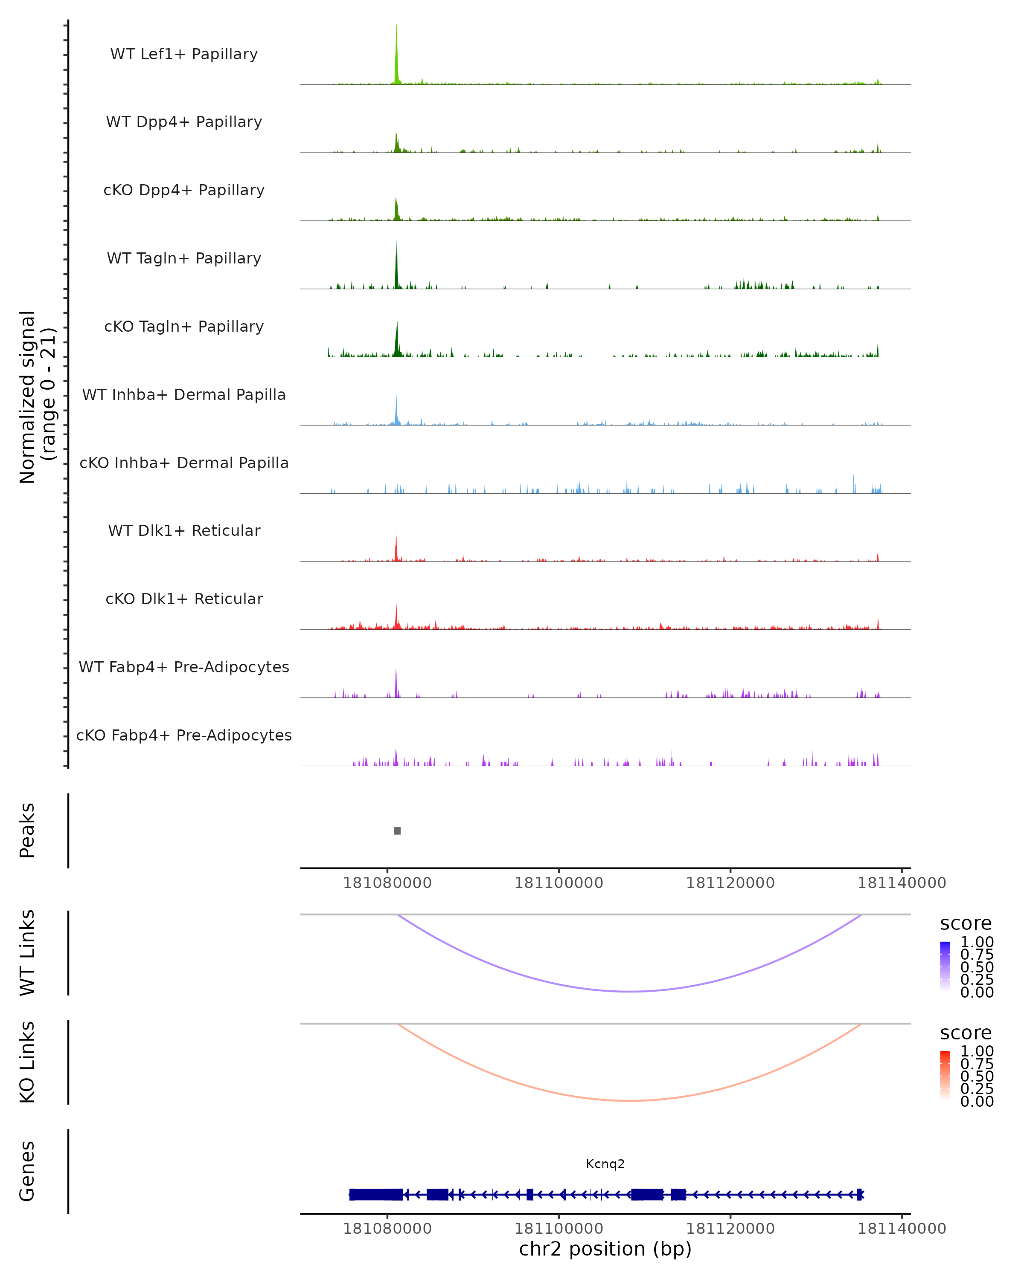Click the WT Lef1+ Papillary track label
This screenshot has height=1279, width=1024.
[x=184, y=54]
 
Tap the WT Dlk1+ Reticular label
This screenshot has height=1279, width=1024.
[x=184, y=530]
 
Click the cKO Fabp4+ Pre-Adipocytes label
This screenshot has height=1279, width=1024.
[x=184, y=735]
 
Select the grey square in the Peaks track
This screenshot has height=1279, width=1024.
[x=397, y=830]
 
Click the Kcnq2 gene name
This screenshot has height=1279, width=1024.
[x=605, y=1164]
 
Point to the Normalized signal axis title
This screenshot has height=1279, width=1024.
[x=37, y=397]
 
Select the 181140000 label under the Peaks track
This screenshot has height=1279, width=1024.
[x=901, y=883]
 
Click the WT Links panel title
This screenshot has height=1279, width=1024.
[x=27, y=953]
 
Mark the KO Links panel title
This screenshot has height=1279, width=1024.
[x=27, y=1062]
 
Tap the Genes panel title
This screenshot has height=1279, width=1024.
[x=27, y=1171]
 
